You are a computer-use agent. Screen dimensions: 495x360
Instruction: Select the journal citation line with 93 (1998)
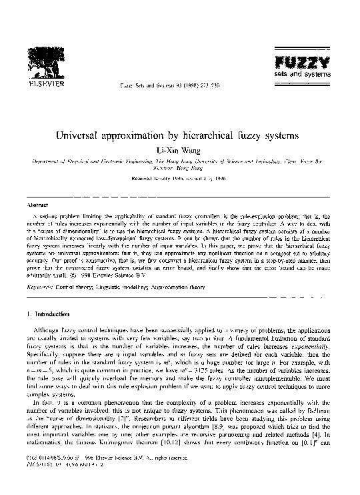pyautogui.click(x=163, y=86)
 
